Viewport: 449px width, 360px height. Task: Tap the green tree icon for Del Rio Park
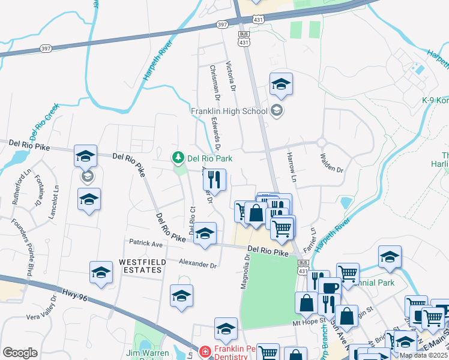(178, 158)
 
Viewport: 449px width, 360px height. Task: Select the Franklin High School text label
(229, 111)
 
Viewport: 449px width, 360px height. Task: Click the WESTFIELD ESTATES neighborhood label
(140, 266)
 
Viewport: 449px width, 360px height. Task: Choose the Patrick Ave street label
(146, 244)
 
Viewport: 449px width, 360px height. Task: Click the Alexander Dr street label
(197, 264)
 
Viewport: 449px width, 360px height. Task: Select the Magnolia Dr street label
(246, 271)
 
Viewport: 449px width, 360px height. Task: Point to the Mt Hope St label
(309, 322)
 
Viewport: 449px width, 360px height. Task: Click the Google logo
(20, 352)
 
